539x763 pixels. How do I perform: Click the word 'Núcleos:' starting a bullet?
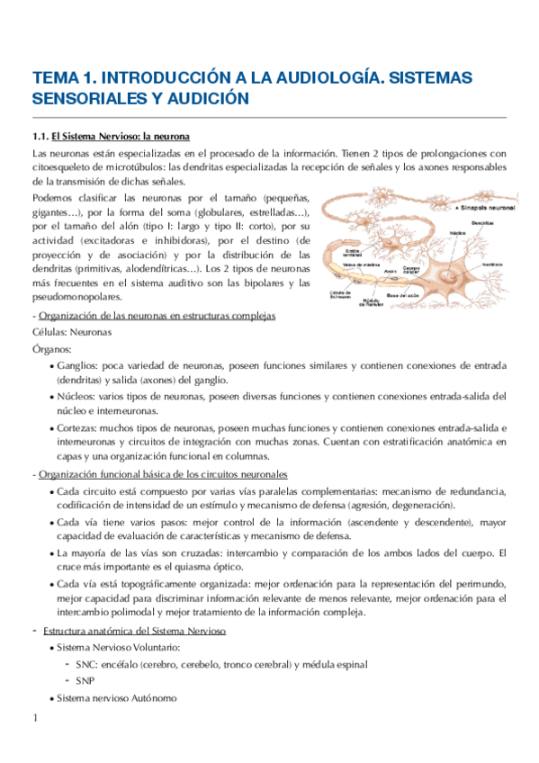pyautogui.click(x=76, y=396)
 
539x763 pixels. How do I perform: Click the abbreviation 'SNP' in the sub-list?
pyautogui.click(x=85, y=681)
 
